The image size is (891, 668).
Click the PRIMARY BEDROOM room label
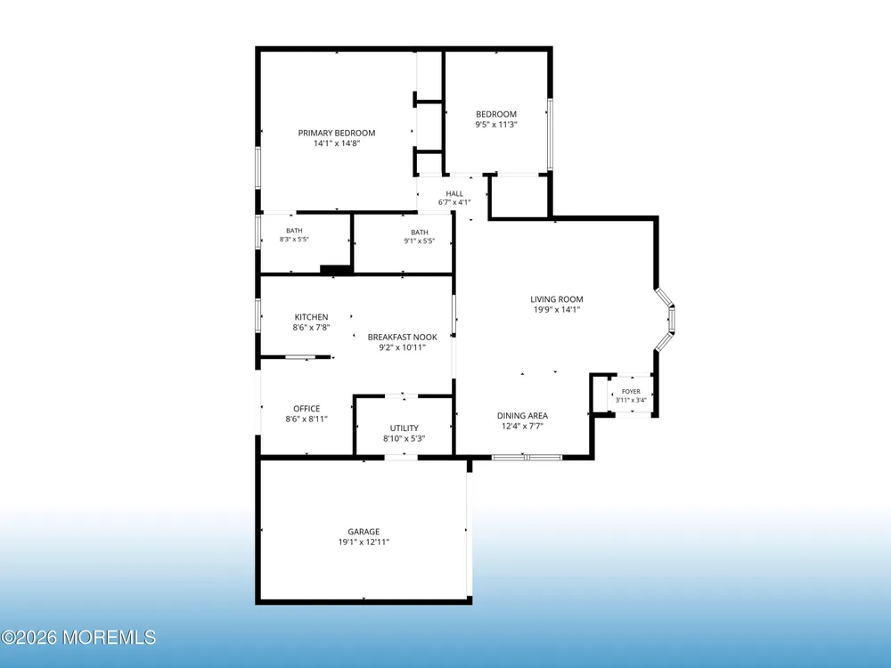[337, 133]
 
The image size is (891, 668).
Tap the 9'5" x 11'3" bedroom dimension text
[496, 125]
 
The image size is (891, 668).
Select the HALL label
[454, 193]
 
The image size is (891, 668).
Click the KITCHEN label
[311, 317]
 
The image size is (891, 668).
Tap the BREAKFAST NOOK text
[403, 337]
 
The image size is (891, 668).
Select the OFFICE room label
[307, 409]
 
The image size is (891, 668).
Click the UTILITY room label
[404, 428]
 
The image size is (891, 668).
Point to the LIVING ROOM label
[557, 299]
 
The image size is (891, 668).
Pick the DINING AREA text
[522, 416]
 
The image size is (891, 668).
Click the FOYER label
[631, 391]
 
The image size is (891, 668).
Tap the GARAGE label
[364, 532]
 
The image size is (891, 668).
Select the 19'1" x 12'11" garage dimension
[364, 542]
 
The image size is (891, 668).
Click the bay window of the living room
[666, 319]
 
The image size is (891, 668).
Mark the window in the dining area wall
[527, 457]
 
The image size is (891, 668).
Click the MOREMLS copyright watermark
[78, 638]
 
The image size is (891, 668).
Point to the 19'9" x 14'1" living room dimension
[557, 310]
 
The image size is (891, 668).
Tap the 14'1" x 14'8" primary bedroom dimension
[337, 143]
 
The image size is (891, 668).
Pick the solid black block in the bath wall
[335, 271]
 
